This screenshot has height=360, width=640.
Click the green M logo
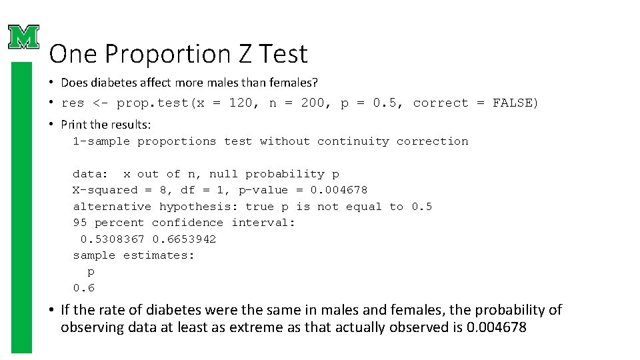[x=23, y=37]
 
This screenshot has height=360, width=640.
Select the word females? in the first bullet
[x=291, y=83]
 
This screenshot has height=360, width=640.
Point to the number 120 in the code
[x=239, y=103]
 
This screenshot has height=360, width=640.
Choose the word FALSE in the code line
[x=515, y=103]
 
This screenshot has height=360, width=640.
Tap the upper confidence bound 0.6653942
[x=184, y=239]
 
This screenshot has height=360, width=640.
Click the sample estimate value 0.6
[x=84, y=288]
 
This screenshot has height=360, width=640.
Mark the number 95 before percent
[x=80, y=223]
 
